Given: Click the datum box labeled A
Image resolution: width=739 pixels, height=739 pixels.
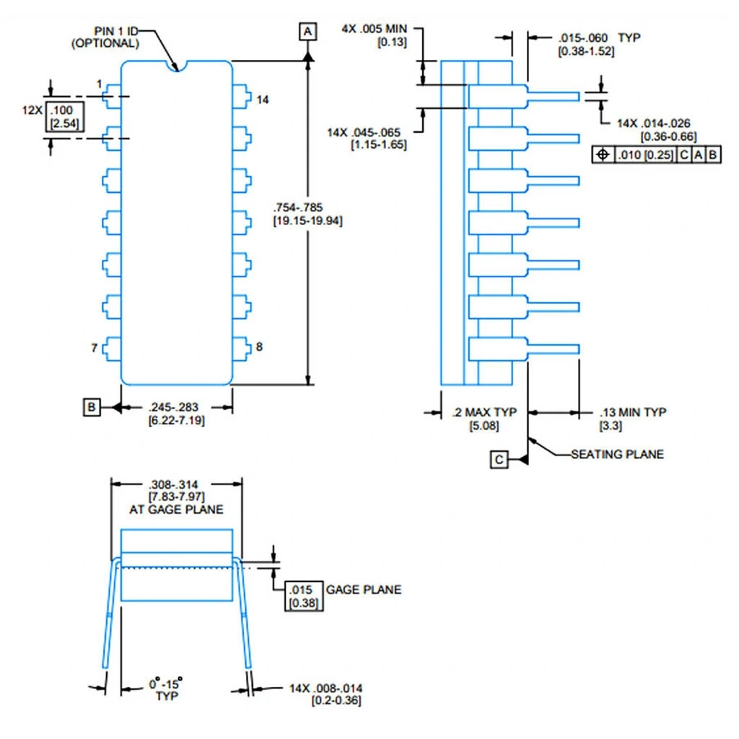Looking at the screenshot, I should point(308,31).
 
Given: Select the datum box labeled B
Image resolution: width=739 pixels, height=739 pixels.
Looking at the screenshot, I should point(92,407).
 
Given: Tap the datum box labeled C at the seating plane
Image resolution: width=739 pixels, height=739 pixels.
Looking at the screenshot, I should point(499,459).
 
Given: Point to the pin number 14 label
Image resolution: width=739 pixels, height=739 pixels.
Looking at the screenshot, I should point(262,100).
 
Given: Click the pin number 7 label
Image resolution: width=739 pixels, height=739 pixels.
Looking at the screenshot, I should point(95,348).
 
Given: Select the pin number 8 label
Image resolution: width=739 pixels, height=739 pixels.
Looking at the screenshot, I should point(259,347).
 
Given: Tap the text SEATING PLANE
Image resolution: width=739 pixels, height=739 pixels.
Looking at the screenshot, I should point(617,454).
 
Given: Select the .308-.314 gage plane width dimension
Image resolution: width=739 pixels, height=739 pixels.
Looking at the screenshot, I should point(176,490).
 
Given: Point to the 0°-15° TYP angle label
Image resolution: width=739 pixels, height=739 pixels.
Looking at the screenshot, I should point(166,688).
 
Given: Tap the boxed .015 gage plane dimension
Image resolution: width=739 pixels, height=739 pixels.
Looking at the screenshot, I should point(299,596).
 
